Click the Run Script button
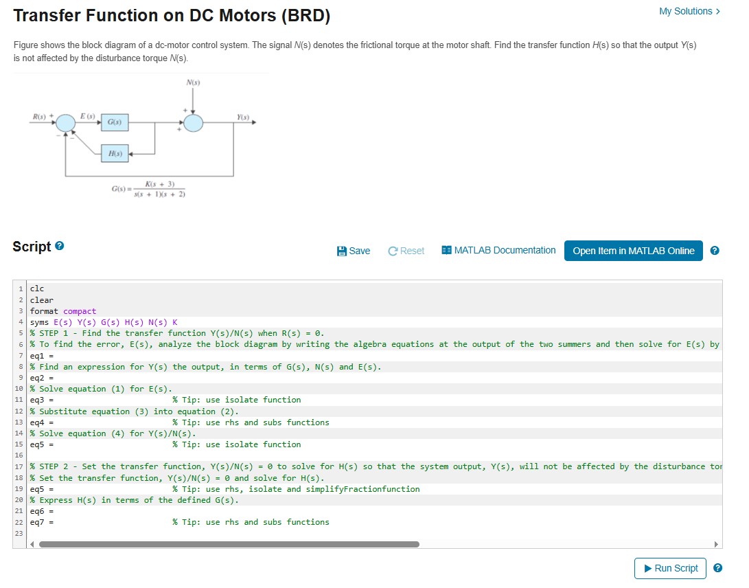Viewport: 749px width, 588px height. [670, 568]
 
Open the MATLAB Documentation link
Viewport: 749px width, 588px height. [499, 251]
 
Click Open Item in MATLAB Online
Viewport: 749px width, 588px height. [633, 251]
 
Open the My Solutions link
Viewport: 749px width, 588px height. [689, 11]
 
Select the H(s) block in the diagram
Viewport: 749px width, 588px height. [115, 155]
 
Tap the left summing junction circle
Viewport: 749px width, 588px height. [67, 123]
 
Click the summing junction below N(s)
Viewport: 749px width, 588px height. [194, 123]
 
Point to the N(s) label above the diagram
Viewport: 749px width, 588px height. [194, 82]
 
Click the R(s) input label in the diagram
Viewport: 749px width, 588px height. [40, 116]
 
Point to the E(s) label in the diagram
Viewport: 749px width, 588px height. [88, 115]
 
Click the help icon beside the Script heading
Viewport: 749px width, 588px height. [60, 246]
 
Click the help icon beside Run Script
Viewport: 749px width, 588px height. [718, 568]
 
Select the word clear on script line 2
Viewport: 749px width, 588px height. [41, 300]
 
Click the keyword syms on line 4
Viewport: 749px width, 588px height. [39, 322]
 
